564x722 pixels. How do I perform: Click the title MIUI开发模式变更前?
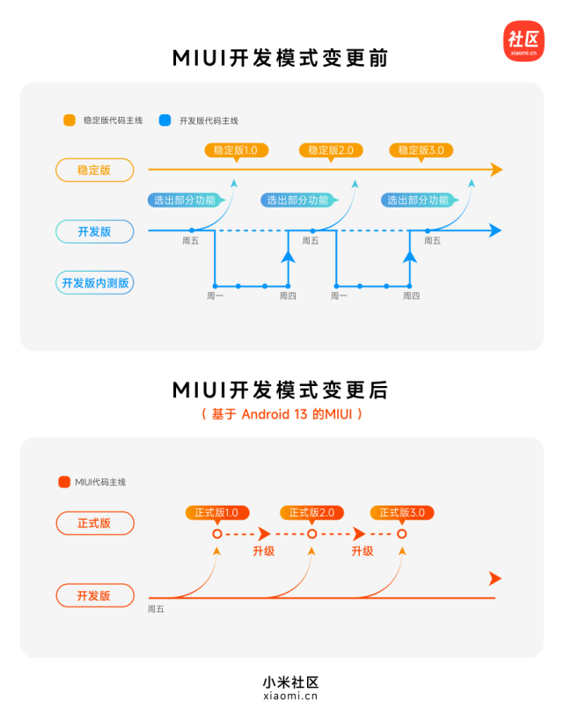281,58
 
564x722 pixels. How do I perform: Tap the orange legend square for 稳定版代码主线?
69,120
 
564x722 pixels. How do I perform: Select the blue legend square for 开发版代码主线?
165,120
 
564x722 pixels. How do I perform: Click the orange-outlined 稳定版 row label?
94,170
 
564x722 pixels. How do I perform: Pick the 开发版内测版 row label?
94,282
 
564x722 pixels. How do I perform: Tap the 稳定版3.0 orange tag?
421,150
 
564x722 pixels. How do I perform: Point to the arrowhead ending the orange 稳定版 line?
496,170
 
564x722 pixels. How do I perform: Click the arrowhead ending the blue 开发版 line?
495,230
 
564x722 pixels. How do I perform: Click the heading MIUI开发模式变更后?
281,390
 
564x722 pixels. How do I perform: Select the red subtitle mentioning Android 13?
281,413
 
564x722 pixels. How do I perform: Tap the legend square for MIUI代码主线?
63,482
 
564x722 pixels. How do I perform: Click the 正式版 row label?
94,523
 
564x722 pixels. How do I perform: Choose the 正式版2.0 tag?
311,513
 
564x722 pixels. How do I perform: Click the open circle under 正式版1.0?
217,534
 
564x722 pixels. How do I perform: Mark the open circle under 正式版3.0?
402,534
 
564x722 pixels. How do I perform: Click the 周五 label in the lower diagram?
156,609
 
